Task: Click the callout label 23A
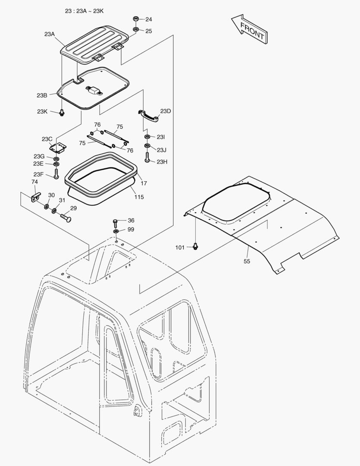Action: pyautogui.click(x=50, y=34)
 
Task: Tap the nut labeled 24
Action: pyautogui.click(x=135, y=19)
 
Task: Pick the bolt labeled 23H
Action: pyautogui.click(x=147, y=157)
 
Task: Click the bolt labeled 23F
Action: pyautogui.click(x=56, y=174)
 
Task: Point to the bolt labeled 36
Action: pyautogui.click(x=116, y=222)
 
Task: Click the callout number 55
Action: pyautogui.click(x=247, y=261)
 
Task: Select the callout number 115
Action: pyautogui.click(x=139, y=197)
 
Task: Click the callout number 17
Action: pyautogui.click(x=144, y=183)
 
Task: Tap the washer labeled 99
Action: pyautogui.click(x=116, y=232)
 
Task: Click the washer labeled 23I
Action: pyautogui.click(x=147, y=137)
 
